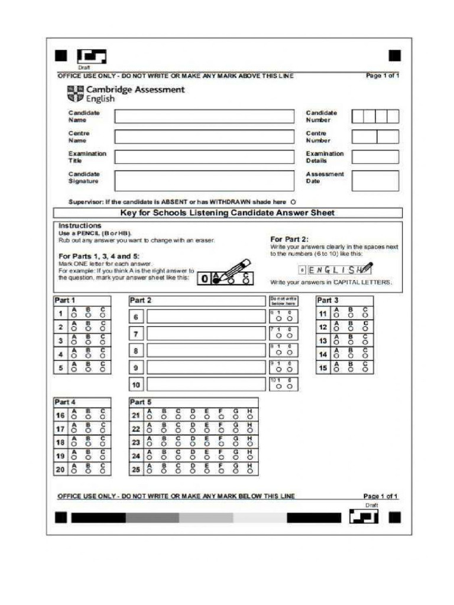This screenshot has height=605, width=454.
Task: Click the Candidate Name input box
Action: (x=204, y=116)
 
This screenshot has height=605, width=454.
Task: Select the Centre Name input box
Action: (x=204, y=136)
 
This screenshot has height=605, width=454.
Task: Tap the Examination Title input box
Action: (x=204, y=157)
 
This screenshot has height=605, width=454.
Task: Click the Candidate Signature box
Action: (x=204, y=180)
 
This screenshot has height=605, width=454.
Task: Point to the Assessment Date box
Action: (x=375, y=180)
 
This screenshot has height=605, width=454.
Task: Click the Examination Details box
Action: (x=375, y=157)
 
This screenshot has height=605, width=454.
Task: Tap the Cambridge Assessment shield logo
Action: (x=76, y=94)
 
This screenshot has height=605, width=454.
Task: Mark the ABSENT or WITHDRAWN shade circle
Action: (x=294, y=202)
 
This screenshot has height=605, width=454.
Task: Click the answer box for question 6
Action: (x=206, y=317)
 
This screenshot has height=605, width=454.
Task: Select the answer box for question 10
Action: (x=206, y=385)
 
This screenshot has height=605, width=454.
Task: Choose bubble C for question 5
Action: (x=102, y=370)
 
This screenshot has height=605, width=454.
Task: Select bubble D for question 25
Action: (x=192, y=471)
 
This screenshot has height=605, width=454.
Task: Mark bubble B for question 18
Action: (x=88, y=444)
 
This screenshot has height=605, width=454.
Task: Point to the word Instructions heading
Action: (x=80, y=226)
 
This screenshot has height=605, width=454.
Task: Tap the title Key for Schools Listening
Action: (x=228, y=213)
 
